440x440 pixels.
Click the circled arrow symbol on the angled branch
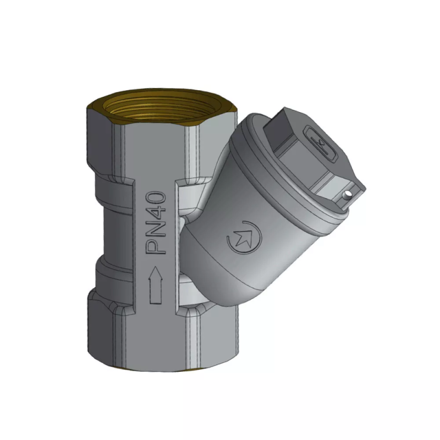point(241,238)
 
